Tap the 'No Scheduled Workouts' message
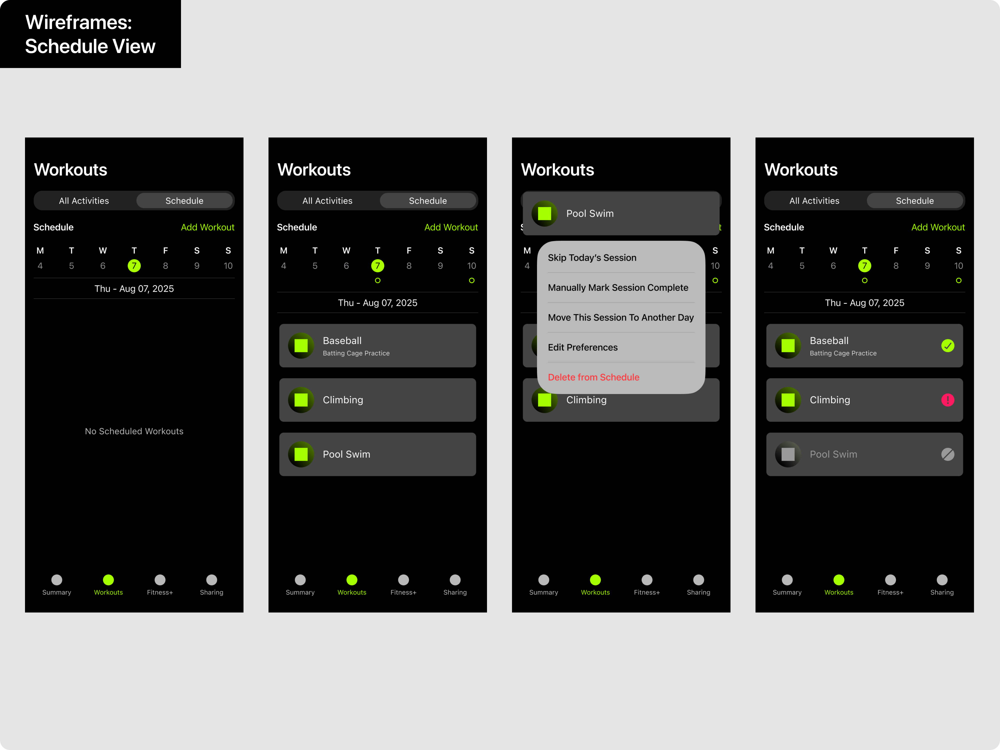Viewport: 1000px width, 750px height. point(134,431)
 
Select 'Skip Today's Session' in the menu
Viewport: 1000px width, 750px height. point(592,258)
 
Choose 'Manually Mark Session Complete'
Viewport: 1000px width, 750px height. point(618,287)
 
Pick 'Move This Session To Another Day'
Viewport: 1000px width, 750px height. point(621,317)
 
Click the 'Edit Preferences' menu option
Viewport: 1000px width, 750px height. point(583,347)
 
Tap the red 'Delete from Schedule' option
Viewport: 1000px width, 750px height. point(593,377)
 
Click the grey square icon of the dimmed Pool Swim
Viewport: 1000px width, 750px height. point(788,454)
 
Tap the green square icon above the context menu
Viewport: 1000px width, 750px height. point(544,213)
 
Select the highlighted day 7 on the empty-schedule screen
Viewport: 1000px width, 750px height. point(134,266)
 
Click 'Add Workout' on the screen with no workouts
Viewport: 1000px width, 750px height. point(207,227)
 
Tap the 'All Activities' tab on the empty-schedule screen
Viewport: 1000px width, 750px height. point(84,201)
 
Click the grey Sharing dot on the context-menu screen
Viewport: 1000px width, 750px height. point(698,579)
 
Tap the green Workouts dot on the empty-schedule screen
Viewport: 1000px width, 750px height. point(108,579)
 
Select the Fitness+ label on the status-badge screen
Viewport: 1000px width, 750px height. point(890,592)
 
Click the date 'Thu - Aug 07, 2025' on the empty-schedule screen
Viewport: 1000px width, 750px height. point(134,289)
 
